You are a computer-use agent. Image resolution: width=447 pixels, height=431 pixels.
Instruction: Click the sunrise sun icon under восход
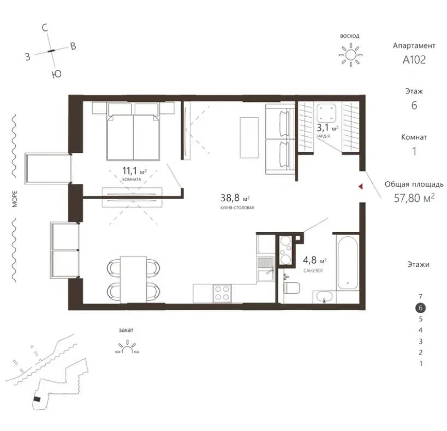pos(350,55)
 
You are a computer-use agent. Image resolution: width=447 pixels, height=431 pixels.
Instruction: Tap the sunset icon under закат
pos(127,347)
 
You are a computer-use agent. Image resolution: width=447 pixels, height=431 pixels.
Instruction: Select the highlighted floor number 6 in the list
pos(420,308)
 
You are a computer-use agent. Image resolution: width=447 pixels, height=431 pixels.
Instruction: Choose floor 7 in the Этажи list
pos(420,296)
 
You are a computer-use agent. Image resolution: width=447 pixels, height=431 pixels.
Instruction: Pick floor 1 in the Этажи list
pos(421,364)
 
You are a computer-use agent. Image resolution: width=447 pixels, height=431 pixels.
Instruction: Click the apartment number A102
pos(414,59)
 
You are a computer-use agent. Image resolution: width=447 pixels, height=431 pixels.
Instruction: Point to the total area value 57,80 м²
pos(414,198)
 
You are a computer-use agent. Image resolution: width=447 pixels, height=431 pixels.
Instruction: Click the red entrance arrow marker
pos(360,187)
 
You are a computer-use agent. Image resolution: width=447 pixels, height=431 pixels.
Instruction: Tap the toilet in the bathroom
pos(291,288)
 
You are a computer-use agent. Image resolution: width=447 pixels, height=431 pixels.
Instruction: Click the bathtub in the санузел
pos(348,262)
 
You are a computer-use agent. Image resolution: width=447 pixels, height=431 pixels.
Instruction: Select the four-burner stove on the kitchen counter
pos(222,294)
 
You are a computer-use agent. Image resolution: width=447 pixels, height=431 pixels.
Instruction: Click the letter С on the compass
pos(45,28)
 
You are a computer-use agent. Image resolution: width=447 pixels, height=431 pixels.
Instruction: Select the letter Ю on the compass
pos(57,74)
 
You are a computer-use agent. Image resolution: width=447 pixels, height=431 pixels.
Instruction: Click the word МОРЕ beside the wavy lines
pos(15,199)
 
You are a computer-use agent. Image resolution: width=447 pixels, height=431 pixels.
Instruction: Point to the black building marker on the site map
pos(37,399)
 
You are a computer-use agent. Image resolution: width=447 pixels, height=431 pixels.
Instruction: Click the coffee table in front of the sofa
pos(249,137)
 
